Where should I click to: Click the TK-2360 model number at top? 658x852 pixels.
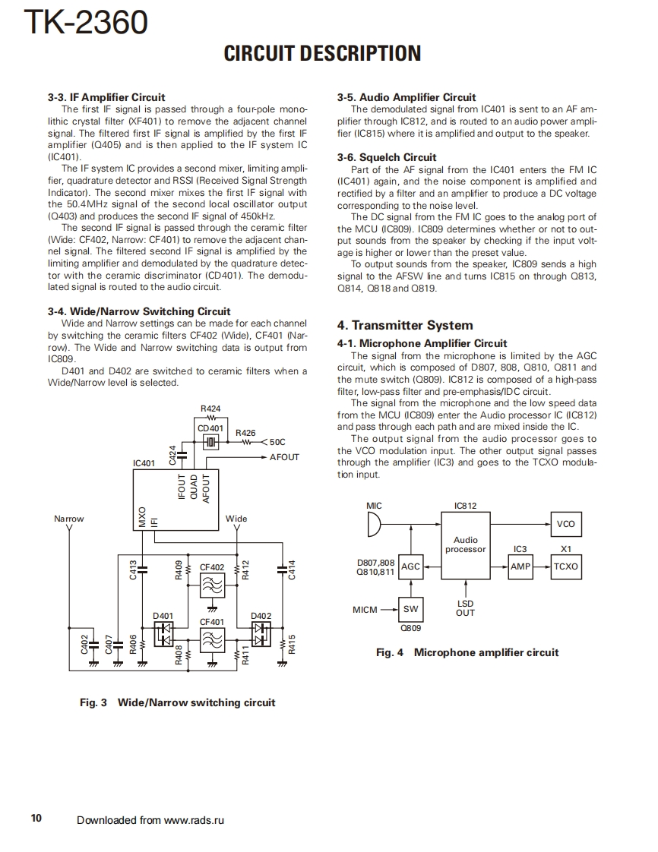tap(86, 24)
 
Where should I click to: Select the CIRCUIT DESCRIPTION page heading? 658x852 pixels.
tap(322, 53)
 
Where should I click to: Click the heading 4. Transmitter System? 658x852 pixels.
tap(405, 325)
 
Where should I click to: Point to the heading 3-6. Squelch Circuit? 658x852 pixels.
tap(387, 157)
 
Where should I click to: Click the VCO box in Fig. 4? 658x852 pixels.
tap(565, 524)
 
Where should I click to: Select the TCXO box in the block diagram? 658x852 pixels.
tap(565, 566)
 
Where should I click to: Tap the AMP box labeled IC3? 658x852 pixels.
tap(520, 566)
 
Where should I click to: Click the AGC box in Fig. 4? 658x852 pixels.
tap(410, 566)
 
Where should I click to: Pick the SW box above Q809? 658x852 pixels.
tap(410, 609)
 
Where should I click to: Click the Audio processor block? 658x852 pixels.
tap(465, 544)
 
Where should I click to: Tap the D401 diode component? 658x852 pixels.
tap(163, 634)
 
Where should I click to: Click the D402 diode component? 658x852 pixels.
tap(261, 634)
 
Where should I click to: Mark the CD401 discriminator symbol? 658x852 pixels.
tap(210, 442)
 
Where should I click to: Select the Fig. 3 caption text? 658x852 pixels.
tap(177, 702)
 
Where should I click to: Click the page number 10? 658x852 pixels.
tap(36, 818)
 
